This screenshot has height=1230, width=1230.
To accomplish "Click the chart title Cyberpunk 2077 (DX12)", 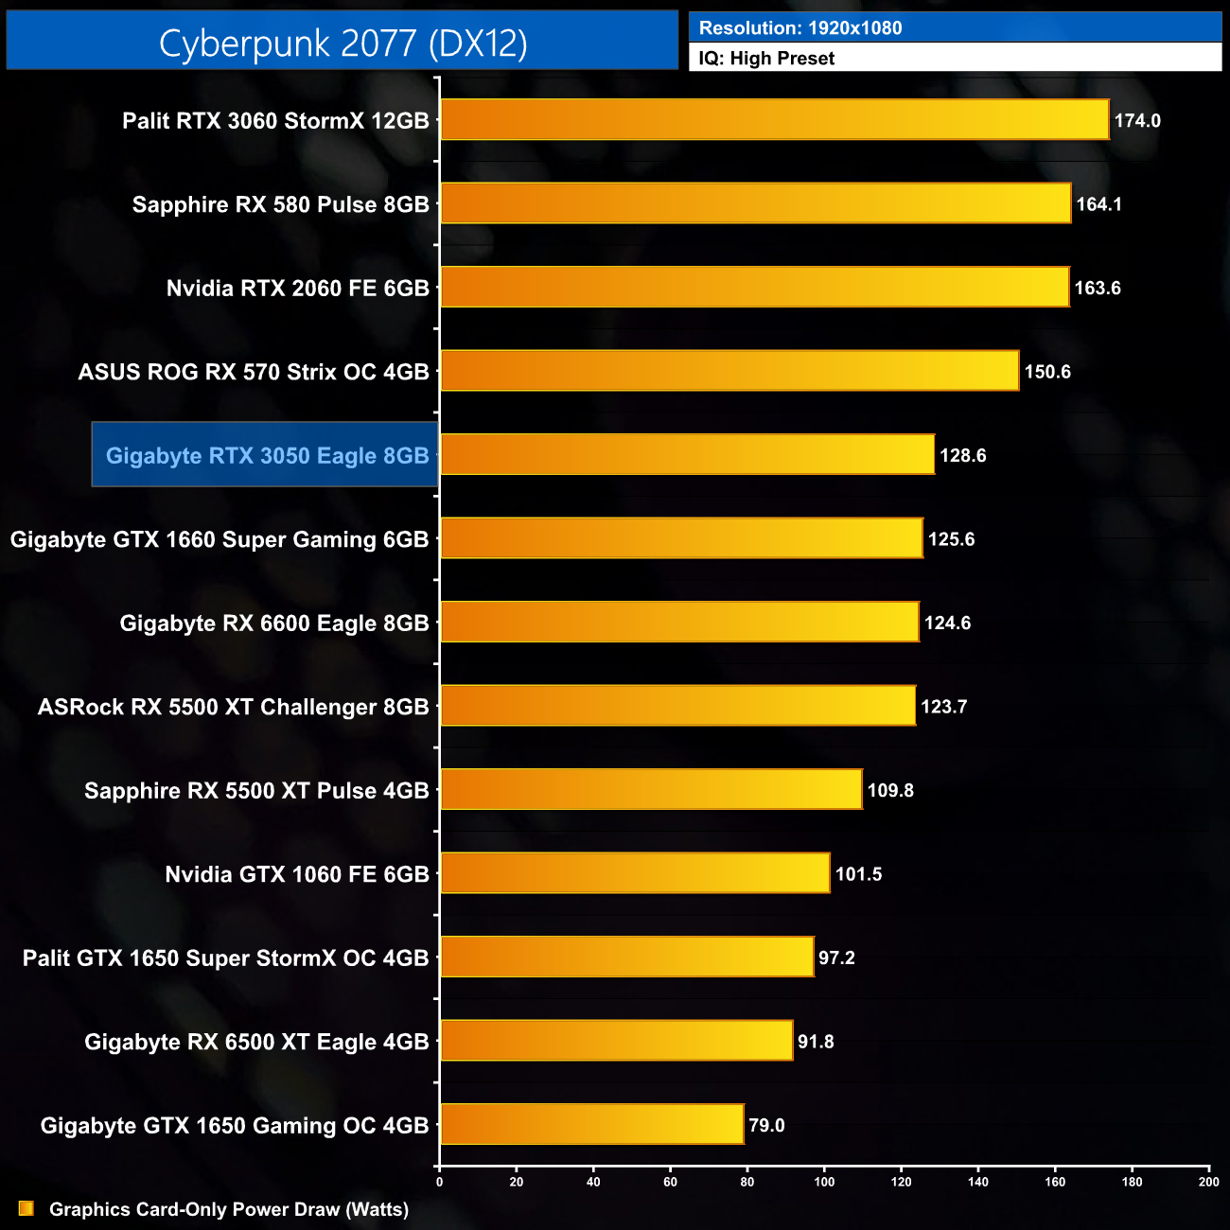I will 343,43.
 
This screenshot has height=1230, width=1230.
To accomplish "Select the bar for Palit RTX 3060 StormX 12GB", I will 774,120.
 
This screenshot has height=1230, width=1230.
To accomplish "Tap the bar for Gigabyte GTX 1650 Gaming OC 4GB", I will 591,1125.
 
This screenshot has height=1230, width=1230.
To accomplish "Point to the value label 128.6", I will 962,456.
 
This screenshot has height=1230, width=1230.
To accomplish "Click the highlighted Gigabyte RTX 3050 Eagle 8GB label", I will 267,456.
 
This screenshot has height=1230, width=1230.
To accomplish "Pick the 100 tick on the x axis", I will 824,1182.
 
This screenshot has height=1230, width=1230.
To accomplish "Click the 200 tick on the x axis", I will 1208,1182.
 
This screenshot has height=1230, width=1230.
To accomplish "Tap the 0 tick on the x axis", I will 439,1182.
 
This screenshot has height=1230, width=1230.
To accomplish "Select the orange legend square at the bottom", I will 26,1209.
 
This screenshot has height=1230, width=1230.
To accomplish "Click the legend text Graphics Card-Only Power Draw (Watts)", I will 229,1209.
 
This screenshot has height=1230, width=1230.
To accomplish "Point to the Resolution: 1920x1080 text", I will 800,28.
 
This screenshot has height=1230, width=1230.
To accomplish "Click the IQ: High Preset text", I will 766,59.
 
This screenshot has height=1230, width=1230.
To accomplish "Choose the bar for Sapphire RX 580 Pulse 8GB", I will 755,204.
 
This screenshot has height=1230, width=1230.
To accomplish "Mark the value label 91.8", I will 816,1042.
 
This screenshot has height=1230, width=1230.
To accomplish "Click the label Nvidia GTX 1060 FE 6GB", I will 297,874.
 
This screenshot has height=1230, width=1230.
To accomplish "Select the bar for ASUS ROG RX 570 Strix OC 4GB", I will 729,372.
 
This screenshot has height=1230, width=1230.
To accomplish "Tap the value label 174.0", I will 1136,121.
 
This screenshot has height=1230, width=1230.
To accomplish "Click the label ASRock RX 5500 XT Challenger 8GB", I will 234,707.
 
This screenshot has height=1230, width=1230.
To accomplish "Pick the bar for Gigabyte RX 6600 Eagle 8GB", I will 679,623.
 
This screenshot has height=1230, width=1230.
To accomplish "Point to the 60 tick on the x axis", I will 670,1182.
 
